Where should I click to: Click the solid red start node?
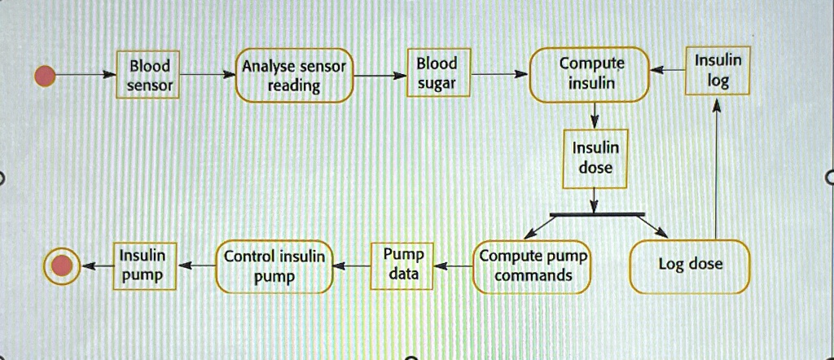[45, 76]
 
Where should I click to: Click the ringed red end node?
[62, 266]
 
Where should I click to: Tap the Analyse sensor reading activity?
[294, 77]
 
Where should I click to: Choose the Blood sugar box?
[437, 73]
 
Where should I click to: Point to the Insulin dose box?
[595, 157]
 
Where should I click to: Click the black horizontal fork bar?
[596, 215]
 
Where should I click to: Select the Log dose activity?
[689, 266]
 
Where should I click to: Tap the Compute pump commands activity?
[533, 266]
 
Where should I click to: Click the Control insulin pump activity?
[274, 266]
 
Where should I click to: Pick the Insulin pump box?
[143, 266]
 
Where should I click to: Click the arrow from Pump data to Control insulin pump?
[353, 266]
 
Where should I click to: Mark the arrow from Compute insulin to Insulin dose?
[595, 116]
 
